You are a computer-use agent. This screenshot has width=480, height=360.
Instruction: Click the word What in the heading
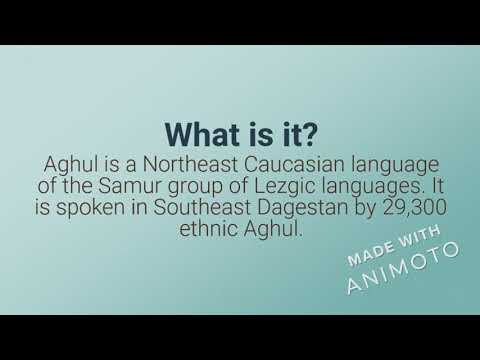point(198,134)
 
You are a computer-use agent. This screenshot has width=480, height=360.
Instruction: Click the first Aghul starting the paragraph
point(70,162)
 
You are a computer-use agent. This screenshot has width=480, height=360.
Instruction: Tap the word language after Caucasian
point(383,162)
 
